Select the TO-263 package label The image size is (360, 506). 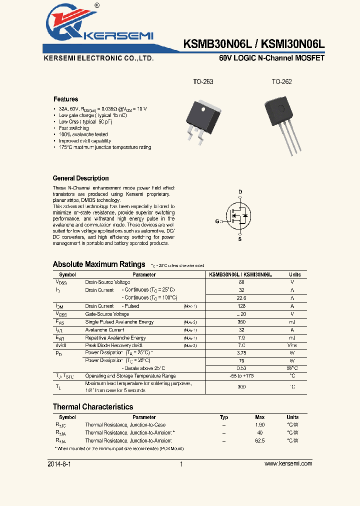[203, 81]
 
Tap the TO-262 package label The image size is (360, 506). [281, 81]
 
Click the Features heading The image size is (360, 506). [65, 99]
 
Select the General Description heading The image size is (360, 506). [80, 178]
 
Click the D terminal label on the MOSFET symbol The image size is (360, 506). [240, 192]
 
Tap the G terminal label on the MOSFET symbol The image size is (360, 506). [217, 221]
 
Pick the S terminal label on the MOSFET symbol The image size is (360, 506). [240, 239]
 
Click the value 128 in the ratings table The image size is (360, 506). [241, 306]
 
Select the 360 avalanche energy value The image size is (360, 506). [241, 322]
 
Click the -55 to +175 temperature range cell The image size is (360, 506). [241, 375]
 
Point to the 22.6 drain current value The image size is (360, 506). [241, 298]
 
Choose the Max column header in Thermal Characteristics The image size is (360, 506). [259, 417]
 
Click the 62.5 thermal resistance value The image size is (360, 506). [259, 440]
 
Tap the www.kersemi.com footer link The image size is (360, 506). [288, 463]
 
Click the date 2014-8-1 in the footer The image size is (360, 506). [59, 463]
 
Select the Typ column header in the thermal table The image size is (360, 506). [224, 417]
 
